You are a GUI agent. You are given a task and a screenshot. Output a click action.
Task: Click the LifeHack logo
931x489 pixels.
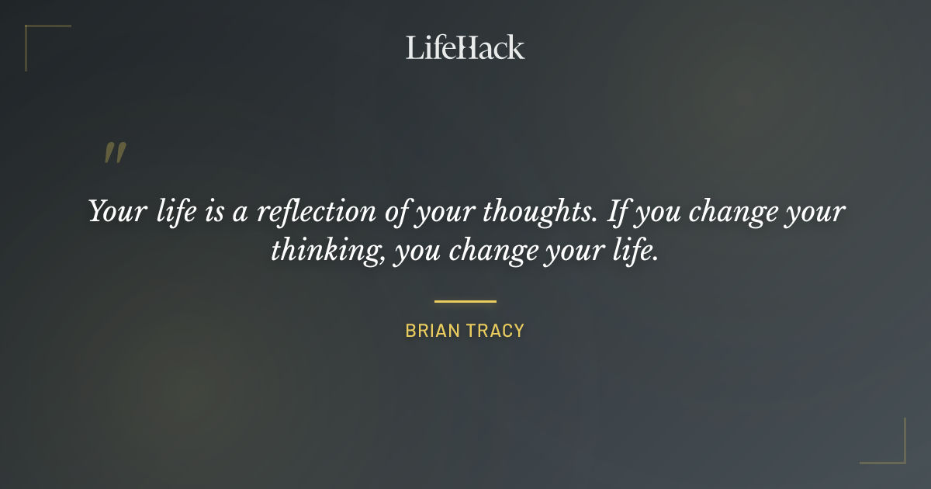coord(465,47)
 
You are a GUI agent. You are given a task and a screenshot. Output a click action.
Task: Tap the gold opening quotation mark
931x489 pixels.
coord(114,153)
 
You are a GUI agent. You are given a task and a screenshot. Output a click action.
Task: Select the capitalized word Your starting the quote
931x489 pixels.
coord(114,211)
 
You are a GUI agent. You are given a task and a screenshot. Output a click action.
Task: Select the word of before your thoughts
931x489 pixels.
coord(396,211)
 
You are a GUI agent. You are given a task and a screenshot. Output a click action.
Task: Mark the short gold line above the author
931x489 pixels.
coord(465,301)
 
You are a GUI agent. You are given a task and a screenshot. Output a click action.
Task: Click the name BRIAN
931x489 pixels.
coord(431,331)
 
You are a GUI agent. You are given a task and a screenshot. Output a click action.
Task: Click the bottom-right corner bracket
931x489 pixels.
coord(891,450)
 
